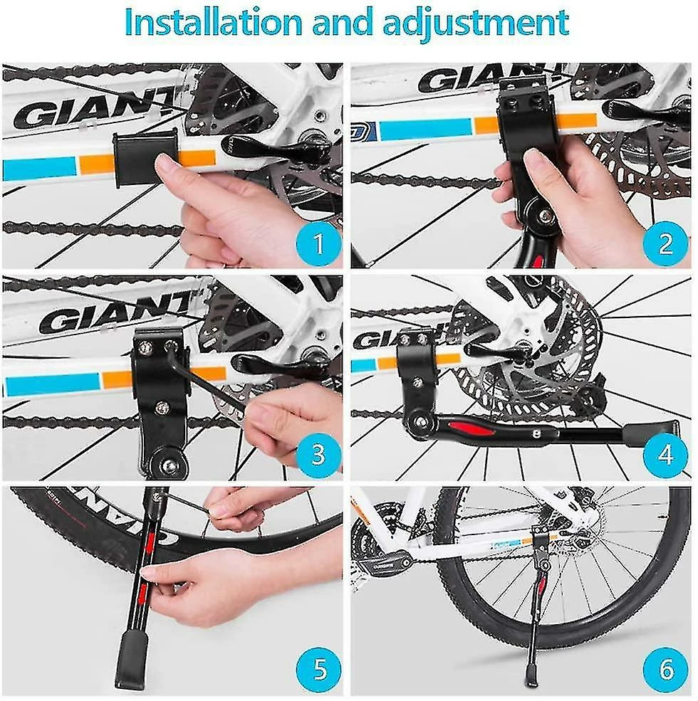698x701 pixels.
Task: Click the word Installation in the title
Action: pyautogui.click(x=214, y=22)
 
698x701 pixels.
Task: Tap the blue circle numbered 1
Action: pyautogui.click(x=318, y=244)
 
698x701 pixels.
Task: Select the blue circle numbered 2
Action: pyautogui.click(x=665, y=244)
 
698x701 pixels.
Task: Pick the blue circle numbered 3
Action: pyautogui.click(x=318, y=455)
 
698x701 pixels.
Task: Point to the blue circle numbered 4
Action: pyautogui.click(x=665, y=455)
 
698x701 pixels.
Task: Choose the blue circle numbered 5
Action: pyautogui.click(x=318, y=669)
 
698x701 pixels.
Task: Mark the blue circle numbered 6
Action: pyautogui.click(x=665, y=669)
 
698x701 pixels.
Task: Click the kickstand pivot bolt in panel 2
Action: pyautogui.click(x=545, y=216)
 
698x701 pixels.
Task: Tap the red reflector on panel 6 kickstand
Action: pyautogui.click(x=543, y=583)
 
